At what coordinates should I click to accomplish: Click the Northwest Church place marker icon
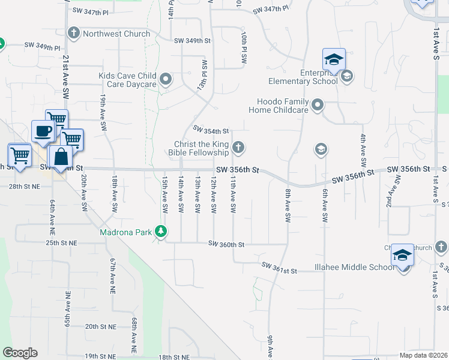[x=74, y=33]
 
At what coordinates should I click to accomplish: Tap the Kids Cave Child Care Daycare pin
[x=166, y=79]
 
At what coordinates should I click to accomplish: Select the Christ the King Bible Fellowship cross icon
[x=238, y=147]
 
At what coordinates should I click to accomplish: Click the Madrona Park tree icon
[x=160, y=231]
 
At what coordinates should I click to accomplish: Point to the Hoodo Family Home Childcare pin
[x=318, y=106]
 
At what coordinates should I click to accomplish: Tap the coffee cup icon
[x=43, y=131]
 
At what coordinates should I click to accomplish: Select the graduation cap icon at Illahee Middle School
[x=402, y=256]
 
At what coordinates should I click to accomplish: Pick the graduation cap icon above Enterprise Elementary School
[x=334, y=59]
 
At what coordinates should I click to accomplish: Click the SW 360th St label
[x=226, y=244]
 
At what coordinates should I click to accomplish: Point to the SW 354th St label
[x=211, y=130]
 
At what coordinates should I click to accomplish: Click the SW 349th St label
[x=193, y=41]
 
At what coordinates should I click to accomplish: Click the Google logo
[x=20, y=353]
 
